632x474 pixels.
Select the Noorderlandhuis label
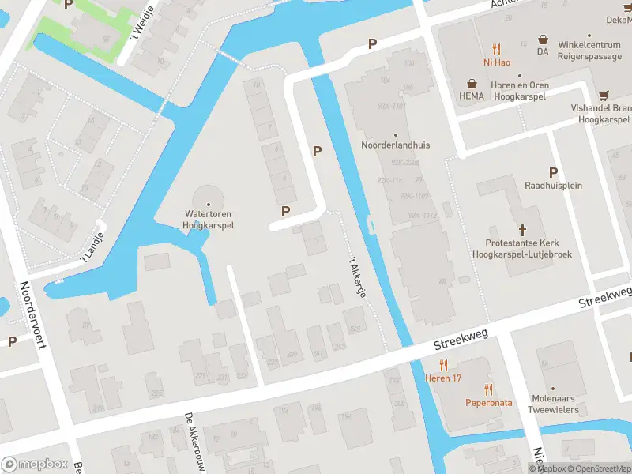tap(395, 145)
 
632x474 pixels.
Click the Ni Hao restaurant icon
tap(496, 48)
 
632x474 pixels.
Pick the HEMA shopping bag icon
tap(472, 83)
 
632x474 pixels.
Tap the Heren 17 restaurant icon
tap(444, 366)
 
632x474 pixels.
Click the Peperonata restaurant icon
tap(488, 389)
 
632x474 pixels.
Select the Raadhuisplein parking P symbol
tap(553, 172)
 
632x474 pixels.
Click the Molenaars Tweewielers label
tap(553, 404)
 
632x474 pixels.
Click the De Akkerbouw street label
tap(195, 442)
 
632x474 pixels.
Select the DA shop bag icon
tap(543, 38)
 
